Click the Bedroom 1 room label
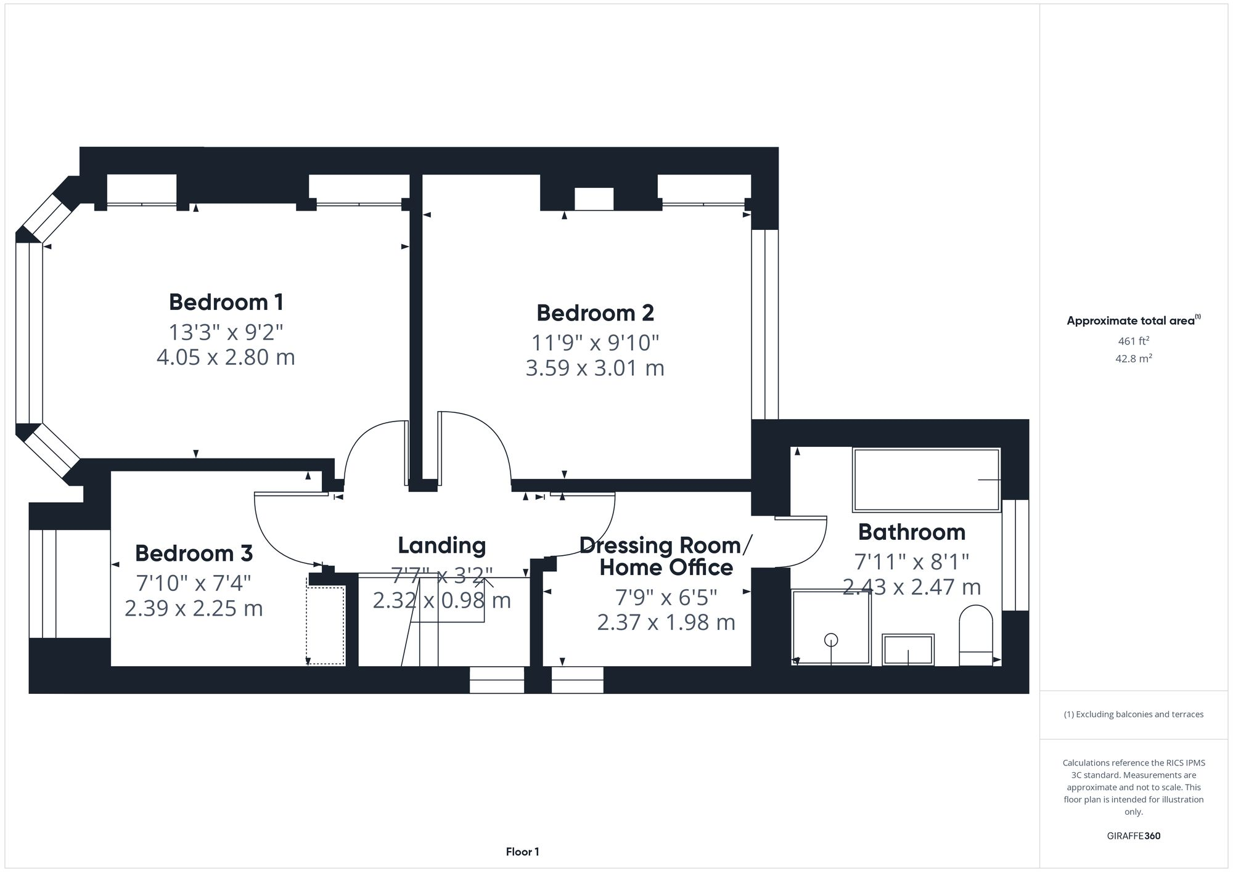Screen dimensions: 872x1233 (226, 302)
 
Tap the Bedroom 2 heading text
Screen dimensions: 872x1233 (594, 313)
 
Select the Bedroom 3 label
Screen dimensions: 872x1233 (194, 553)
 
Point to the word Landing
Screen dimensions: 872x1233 (441, 545)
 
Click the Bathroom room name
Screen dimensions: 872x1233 (911, 532)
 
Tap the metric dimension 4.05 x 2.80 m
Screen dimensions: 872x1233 (226, 357)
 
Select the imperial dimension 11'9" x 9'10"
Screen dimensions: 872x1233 (595, 343)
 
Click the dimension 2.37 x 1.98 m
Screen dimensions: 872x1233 (666, 622)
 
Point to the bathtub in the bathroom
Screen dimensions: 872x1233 (925, 480)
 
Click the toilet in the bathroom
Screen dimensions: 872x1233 (976, 635)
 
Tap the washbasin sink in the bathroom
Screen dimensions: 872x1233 (908, 650)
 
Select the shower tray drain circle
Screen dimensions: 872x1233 (831, 640)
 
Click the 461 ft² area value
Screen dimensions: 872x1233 (1133, 341)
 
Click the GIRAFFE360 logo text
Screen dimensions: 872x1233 (1133, 836)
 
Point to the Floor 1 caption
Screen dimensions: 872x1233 (522, 852)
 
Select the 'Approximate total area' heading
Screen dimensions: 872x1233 (1131, 320)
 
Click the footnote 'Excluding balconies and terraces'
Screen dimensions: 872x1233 (1133, 714)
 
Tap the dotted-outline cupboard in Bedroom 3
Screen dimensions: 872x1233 (326, 625)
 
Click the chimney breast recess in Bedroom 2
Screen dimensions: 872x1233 (594, 199)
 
